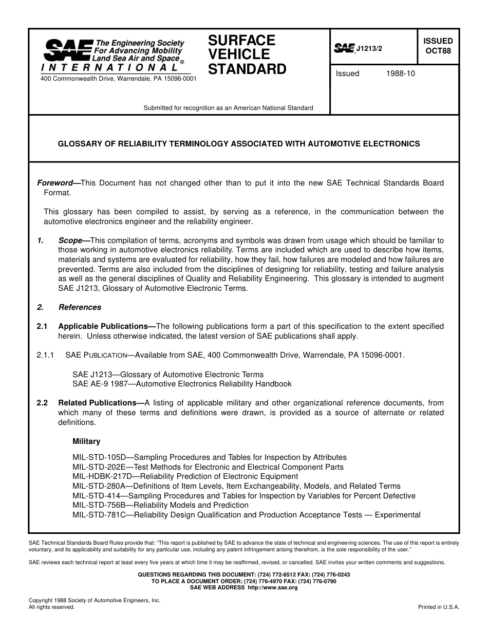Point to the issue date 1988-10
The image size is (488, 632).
click(400, 73)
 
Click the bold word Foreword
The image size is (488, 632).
click(55, 183)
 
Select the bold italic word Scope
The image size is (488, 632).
click(70, 240)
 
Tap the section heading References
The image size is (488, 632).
click(80, 307)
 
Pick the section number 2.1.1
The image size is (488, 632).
click(46, 355)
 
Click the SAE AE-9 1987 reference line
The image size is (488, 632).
click(182, 384)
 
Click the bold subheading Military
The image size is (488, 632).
click(86, 441)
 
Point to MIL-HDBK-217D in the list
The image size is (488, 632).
click(100, 476)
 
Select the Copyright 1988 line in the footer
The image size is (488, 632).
click(95, 600)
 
